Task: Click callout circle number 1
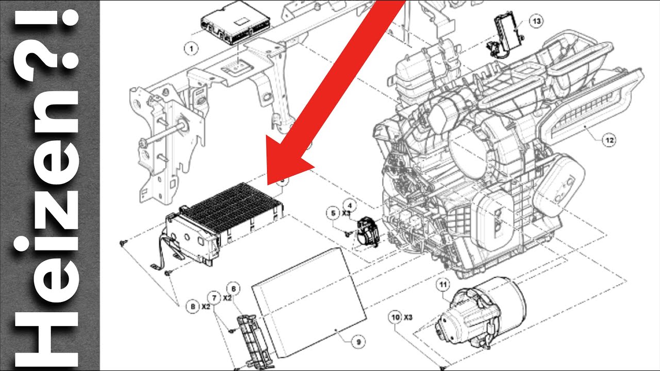coord(191,48)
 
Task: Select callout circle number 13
coord(536,21)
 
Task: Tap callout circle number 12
coord(609,140)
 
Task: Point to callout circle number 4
coord(350,206)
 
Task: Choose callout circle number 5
coord(333,213)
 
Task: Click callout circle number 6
coord(234,289)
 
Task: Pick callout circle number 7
coord(214,298)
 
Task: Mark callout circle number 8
coord(193,307)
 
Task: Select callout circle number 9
coord(358,342)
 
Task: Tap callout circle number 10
coord(395,317)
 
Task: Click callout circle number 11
coord(443,284)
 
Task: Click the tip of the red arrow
coord(268,185)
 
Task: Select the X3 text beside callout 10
coord(408,317)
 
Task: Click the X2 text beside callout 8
coord(206,307)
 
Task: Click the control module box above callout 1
coord(235,23)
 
